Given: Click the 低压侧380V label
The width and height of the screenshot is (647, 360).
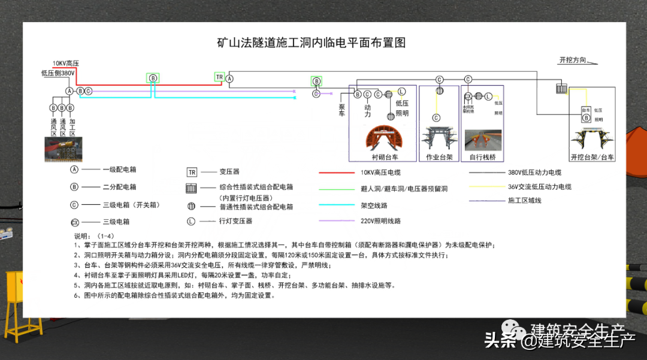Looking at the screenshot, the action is [58, 73].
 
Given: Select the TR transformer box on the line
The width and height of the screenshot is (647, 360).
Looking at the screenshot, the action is [219, 77].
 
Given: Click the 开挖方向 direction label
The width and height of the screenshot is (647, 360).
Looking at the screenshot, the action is [573, 60].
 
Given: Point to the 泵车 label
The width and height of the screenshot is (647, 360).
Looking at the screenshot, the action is [342, 109].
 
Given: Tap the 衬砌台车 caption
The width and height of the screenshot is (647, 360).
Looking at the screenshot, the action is [385, 157].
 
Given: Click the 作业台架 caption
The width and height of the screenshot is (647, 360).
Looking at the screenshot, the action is [439, 157].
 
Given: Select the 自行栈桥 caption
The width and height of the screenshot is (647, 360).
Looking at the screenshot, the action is [482, 157].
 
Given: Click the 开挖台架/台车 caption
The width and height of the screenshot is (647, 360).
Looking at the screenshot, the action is [592, 157].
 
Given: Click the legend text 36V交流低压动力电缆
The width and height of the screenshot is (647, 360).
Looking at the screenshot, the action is [539, 187].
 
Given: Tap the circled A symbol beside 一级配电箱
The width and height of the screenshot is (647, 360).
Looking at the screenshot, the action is [74, 170].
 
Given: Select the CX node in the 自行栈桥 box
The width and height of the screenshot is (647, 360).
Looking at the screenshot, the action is [468, 96].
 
